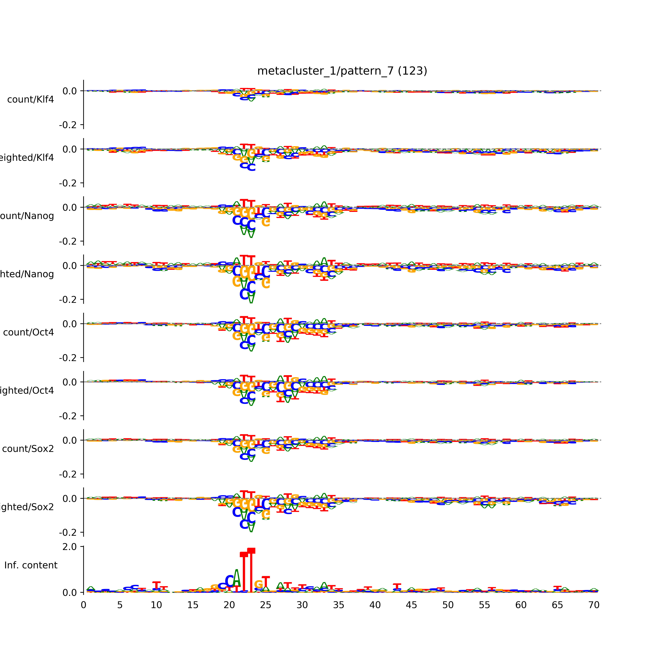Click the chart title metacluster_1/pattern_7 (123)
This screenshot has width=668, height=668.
pos(342,71)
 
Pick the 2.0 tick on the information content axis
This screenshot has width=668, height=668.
pos(69,547)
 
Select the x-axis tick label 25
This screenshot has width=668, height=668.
pos(266,605)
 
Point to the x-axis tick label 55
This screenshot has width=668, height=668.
pos(484,605)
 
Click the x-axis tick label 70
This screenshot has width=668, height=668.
pos(594,605)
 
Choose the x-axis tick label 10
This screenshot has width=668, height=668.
pos(156,605)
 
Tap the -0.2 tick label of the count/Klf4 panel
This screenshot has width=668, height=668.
pos(68,125)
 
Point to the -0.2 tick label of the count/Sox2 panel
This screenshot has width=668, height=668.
pos(68,474)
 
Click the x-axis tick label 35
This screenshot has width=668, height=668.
pos(338,605)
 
